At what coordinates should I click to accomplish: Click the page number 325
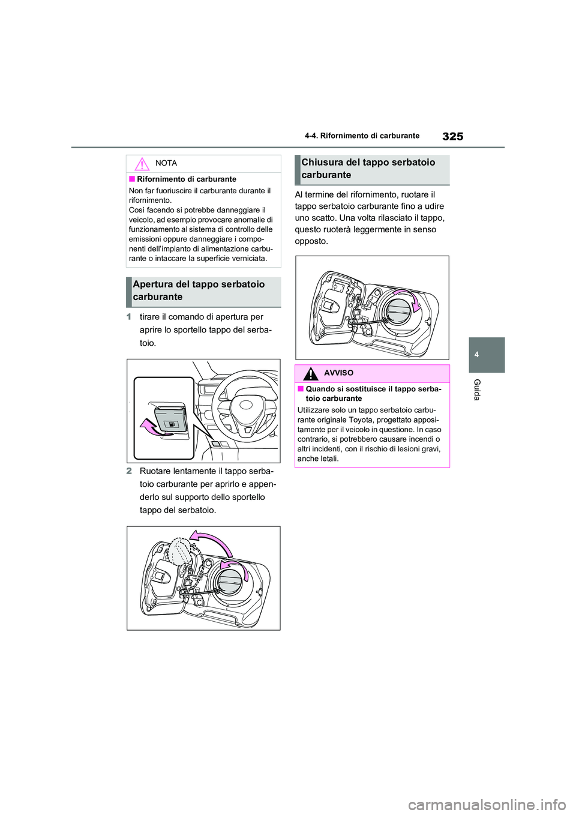[452, 136]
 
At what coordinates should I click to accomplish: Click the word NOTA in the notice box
[166, 163]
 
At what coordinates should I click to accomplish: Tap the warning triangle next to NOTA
[142, 164]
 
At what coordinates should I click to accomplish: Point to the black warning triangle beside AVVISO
[310, 373]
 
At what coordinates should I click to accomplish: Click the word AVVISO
[338, 373]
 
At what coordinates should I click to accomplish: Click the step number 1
[129, 317]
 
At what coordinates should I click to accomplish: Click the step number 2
[129, 471]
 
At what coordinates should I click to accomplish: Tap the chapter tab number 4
[476, 355]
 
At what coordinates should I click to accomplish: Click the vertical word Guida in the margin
[477, 390]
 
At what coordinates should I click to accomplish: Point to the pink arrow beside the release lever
[151, 427]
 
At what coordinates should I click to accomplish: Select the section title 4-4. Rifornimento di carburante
[362, 136]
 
